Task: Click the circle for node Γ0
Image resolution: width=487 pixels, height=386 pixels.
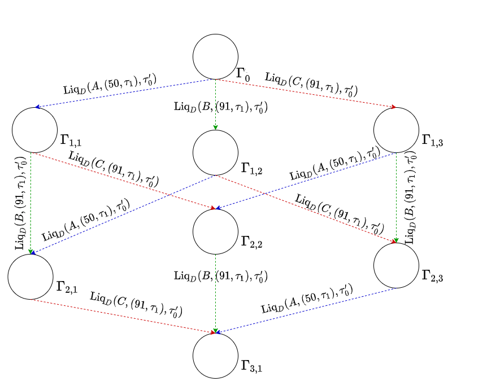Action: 215,56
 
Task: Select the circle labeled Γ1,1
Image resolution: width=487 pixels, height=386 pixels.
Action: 34,130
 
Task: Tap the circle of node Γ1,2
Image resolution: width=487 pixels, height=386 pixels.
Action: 215,152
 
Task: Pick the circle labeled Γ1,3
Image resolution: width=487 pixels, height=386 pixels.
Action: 396,130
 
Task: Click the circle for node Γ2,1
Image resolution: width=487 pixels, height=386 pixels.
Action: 31,277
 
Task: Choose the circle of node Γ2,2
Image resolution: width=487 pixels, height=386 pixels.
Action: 215,231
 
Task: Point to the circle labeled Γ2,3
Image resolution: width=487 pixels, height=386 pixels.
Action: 396,265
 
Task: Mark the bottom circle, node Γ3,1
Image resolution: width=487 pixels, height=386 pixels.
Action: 215,356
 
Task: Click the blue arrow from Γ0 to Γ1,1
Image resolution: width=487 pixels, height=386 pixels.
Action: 124,93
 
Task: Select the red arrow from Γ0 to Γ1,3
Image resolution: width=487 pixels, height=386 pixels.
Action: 305,93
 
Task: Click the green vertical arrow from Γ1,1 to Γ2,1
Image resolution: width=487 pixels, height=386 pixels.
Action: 31,203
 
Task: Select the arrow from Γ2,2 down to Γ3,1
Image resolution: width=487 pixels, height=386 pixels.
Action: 215,305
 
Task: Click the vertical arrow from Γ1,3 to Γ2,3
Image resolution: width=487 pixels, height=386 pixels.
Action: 397,198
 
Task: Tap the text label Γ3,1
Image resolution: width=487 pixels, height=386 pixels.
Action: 251,367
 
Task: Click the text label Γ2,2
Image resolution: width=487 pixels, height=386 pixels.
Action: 251,243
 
